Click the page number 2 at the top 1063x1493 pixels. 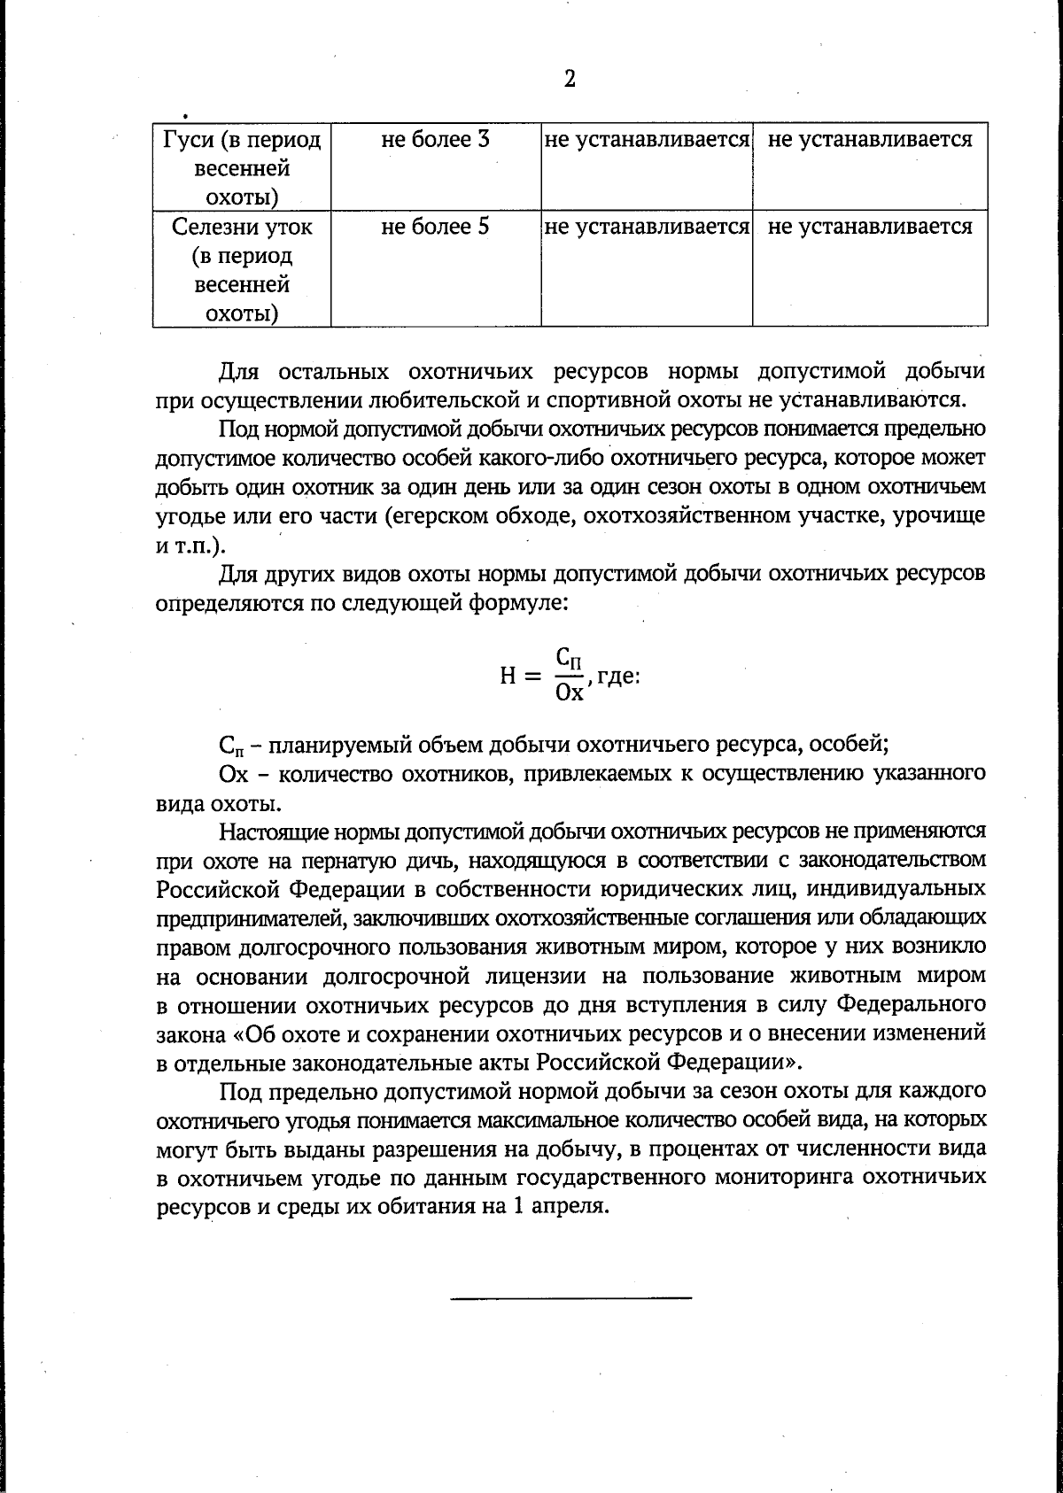[x=570, y=80]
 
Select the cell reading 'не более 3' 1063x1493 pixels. [x=436, y=140]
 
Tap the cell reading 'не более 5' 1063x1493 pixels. [x=436, y=227]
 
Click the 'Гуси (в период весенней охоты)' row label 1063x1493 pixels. [x=242, y=167]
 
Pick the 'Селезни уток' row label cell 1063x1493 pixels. [x=242, y=227]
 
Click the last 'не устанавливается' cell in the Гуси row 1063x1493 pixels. [x=870, y=140]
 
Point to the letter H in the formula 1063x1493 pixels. [x=508, y=676]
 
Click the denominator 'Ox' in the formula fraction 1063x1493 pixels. [x=569, y=692]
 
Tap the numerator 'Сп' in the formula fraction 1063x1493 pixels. [x=570, y=658]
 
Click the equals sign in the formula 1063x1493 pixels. [x=532, y=677]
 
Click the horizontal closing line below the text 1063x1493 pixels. [x=570, y=1298]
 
